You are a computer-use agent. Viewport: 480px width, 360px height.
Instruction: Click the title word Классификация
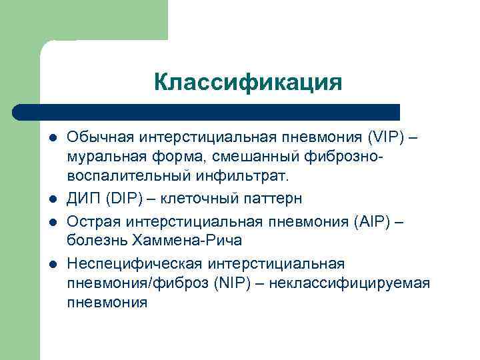click(247, 83)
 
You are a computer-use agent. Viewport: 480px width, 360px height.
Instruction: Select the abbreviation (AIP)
click(389, 220)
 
